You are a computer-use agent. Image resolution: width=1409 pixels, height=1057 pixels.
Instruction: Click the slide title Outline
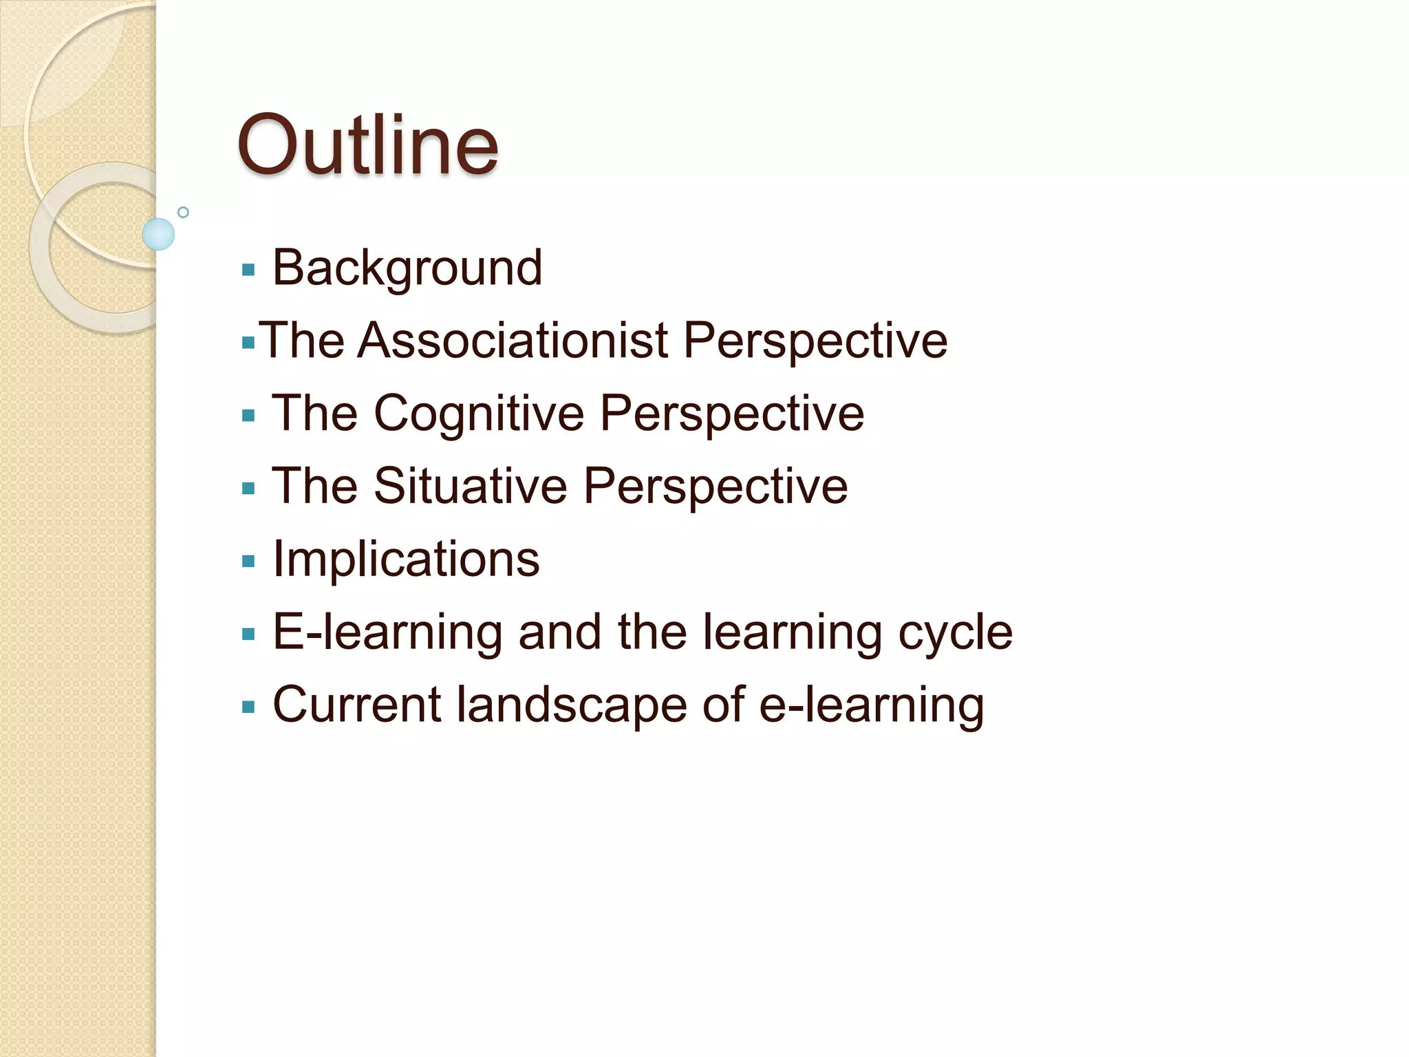[x=367, y=146]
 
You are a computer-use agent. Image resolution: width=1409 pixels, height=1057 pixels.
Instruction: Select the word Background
[x=407, y=268]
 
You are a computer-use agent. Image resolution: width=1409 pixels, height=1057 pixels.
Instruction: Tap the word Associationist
[x=513, y=341]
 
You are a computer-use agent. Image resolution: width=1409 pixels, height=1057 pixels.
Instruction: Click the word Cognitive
[x=478, y=414]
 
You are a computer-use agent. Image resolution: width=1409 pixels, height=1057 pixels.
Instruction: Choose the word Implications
[x=406, y=559]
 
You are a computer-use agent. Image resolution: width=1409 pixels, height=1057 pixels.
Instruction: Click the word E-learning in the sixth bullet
[x=387, y=632]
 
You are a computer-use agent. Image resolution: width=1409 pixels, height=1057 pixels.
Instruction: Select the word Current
[x=356, y=705]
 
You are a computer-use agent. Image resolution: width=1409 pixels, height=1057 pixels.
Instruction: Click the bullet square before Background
[x=248, y=270]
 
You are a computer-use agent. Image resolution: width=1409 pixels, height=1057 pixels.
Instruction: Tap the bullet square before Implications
[x=248, y=562]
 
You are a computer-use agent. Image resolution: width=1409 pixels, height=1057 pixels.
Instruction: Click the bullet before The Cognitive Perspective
[x=248, y=416]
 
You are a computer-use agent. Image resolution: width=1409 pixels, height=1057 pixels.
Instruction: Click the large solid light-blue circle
[x=158, y=234]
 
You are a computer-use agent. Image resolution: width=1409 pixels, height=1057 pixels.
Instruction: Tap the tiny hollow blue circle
[x=183, y=212]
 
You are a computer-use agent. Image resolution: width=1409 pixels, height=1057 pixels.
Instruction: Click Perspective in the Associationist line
[x=815, y=342]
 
